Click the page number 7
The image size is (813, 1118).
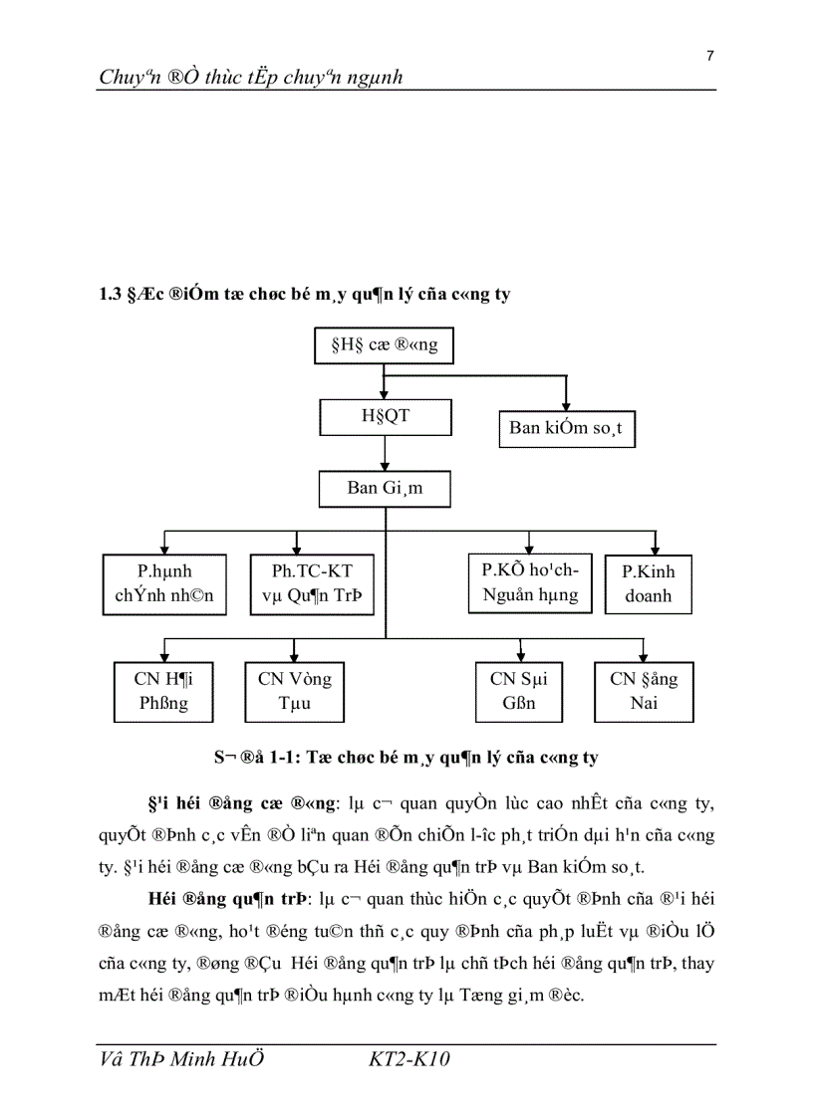(x=709, y=56)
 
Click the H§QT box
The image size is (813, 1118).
(x=385, y=417)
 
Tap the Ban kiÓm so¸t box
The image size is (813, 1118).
(x=566, y=429)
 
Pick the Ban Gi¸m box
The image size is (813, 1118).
(x=385, y=488)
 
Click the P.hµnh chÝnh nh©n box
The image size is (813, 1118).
(x=164, y=584)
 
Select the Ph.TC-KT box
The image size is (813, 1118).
(x=312, y=584)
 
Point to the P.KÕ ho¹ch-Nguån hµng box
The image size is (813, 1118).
(x=529, y=583)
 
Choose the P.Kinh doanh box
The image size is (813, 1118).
(x=649, y=584)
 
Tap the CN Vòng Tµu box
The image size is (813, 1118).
(x=295, y=691)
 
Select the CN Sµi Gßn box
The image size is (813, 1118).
(x=519, y=691)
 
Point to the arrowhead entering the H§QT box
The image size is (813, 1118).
(x=385, y=395)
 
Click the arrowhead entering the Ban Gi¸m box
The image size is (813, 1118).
(x=385, y=466)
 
